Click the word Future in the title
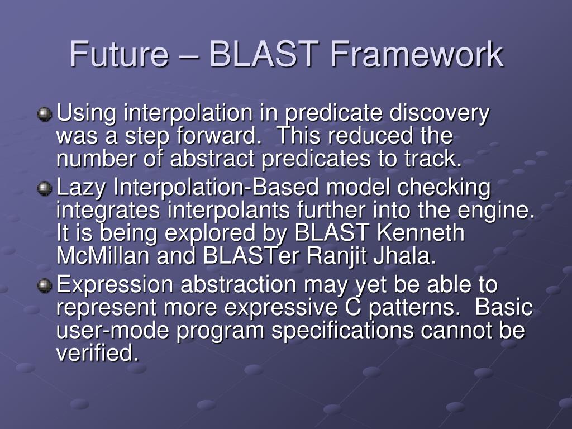tap(119, 54)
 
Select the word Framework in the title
tap(417, 54)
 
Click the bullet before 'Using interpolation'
tap(45, 115)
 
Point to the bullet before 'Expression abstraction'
tap(45, 285)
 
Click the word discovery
tap(439, 113)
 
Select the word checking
tap(444, 188)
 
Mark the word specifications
tap(342, 331)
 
